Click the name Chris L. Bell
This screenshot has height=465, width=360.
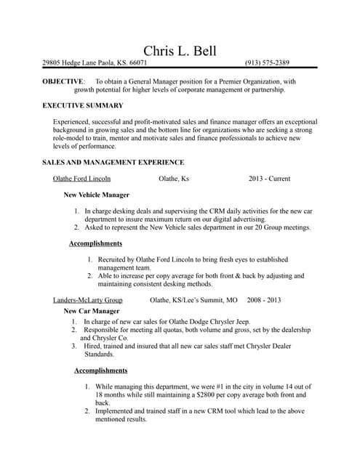tap(180, 50)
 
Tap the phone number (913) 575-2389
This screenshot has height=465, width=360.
tap(267, 63)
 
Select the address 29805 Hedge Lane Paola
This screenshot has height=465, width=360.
tap(79, 63)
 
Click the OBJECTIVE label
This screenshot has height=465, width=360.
tap(63, 82)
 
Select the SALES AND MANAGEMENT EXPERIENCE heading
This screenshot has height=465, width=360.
tap(113, 162)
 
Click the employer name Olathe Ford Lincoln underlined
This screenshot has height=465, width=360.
tap(81, 178)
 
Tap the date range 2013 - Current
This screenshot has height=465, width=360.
tap(269, 178)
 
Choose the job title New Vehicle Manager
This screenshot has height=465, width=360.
tap(96, 195)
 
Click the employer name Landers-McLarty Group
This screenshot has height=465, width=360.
tap(87, 299)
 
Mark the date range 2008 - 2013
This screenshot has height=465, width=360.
tap(263, 299)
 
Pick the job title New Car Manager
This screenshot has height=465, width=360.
tap(91, 310)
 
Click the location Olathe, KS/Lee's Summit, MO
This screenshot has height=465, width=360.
tap(193, 299)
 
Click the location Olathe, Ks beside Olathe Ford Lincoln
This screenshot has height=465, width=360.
tap(174, 178)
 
